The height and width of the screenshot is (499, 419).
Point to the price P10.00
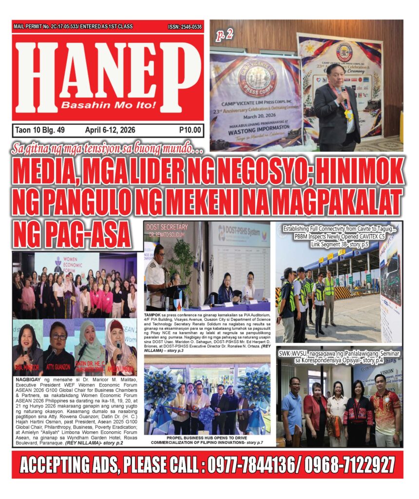tap(190, 130)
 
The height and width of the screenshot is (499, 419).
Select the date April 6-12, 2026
tap(110, 130)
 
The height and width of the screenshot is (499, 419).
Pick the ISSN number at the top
tap(185, 27)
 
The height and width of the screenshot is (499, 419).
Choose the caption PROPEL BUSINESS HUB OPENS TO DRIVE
tap(207, 437)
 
